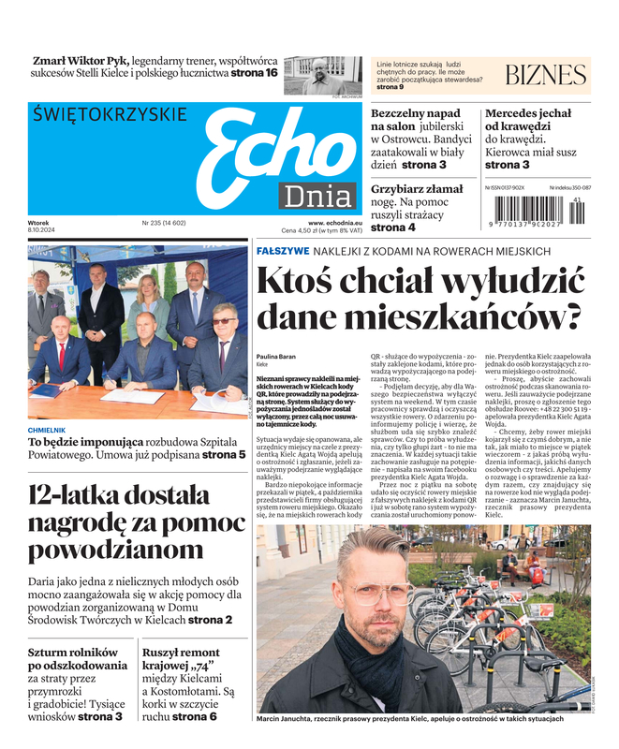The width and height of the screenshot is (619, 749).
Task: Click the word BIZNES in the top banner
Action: coord(545,75)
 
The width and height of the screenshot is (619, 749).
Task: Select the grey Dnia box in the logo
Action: coord(318,197)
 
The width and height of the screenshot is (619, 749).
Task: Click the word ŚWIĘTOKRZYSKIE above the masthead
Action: coord(109,113)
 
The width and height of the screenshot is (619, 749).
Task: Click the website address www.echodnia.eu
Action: coord(335,223)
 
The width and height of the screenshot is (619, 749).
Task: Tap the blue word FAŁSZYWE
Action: coord(283,251)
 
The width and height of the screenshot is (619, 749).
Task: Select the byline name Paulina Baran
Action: coord(277,357)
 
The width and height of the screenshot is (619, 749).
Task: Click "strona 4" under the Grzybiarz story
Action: coord(393,228)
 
